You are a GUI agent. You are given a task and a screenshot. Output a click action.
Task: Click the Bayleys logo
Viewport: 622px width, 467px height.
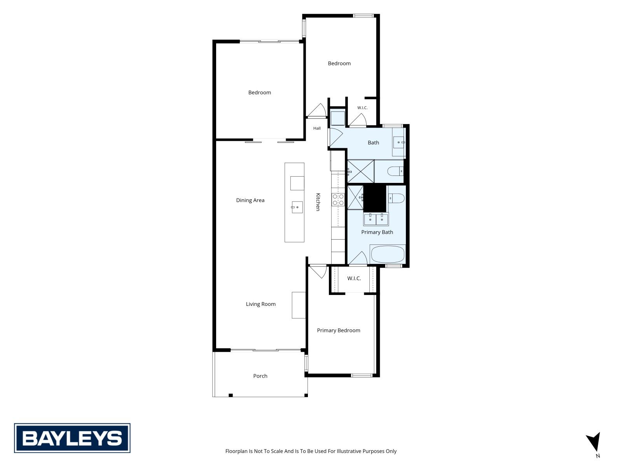72,438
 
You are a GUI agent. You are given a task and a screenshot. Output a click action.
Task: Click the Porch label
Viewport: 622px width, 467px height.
260,376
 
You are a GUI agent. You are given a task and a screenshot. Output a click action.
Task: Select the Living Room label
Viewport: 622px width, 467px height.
261,304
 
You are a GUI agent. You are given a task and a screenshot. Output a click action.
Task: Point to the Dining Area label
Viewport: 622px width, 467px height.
250,200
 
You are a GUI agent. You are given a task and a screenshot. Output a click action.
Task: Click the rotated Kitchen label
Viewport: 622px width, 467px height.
318,202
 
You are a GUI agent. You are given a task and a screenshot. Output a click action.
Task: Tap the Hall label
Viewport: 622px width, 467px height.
317,128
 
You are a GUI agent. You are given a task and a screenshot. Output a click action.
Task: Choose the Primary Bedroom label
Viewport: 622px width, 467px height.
339,330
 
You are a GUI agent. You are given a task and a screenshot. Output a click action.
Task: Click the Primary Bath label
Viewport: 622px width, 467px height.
377,232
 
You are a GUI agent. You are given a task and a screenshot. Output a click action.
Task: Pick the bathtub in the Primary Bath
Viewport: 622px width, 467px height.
387,255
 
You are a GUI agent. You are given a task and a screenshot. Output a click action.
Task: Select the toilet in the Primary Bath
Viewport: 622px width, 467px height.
396,198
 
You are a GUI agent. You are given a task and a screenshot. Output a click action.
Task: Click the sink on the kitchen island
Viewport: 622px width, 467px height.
297,207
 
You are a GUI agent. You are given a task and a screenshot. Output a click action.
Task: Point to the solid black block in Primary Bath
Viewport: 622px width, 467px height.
375,198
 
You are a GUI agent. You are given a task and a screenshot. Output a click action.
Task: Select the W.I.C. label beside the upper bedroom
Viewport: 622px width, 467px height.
362,108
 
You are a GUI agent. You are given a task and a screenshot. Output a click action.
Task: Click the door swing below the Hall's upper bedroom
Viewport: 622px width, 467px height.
317,110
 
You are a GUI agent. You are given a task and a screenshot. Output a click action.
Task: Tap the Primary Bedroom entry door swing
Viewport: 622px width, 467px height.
318,272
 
